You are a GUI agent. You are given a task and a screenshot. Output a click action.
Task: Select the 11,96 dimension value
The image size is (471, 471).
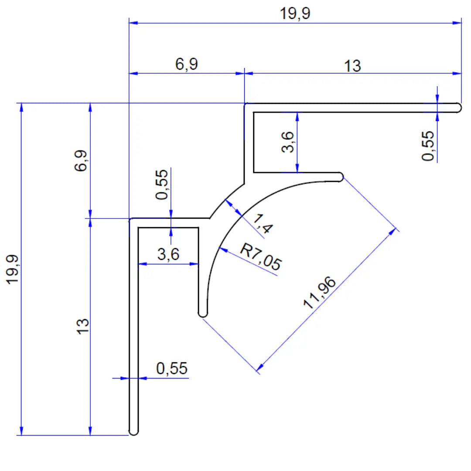[x=321, y=292]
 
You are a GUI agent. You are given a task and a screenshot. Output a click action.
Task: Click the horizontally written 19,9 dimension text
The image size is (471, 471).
[x=295, y=14]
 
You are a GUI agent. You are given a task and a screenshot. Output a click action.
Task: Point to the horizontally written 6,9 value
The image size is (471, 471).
[x=187, y=65]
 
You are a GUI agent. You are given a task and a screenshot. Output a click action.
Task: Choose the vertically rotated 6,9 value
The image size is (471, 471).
[x=82, y=161]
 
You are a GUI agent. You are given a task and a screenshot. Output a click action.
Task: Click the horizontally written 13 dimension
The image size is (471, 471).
[x=352, y=66]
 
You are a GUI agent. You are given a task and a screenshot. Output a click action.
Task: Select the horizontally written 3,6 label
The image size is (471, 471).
[x=168, y=254]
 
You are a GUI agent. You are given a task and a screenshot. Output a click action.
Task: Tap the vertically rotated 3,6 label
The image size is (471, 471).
[x=288, y=142]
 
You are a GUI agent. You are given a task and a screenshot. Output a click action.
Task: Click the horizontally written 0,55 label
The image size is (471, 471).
[x=172, y=369]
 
